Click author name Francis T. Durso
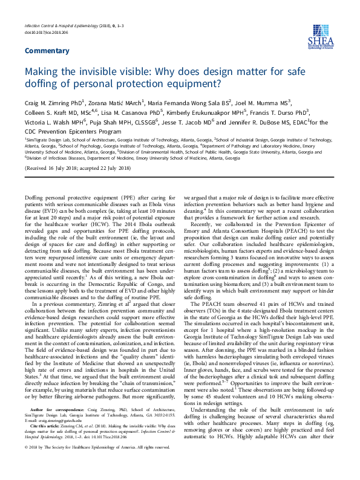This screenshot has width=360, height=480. click(281, 112)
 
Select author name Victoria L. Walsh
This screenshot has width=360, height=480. click(51, 122)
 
